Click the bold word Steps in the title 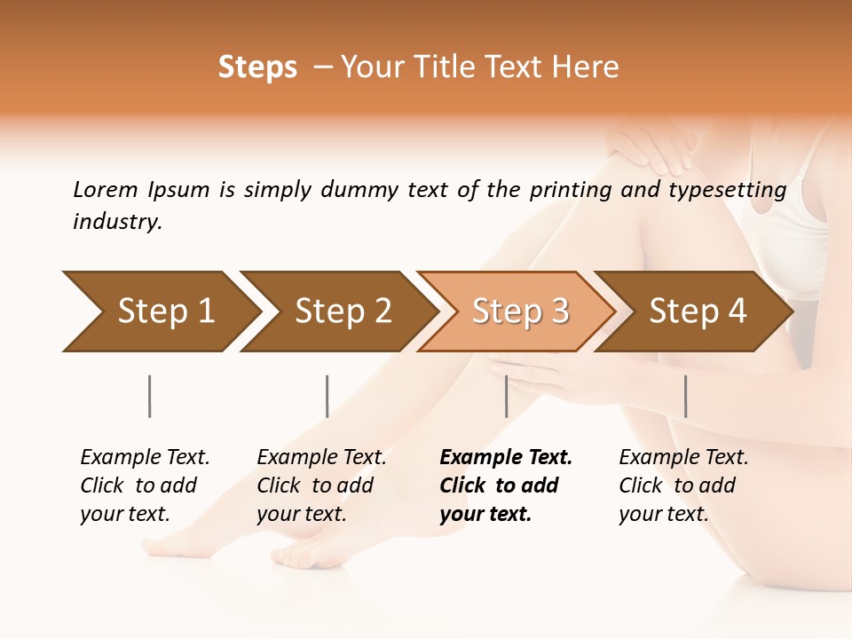[257, 67]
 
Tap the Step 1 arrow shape [160, 312]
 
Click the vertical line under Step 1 [149, 396]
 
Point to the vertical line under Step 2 [327, 396]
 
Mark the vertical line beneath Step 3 [506, 396]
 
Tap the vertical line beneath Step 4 [685, 396]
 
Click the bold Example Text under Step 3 [506, 458]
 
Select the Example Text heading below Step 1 [145, 458]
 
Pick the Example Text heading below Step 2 [321, 458]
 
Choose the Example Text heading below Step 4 [683, 458]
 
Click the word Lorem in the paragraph [106, 190]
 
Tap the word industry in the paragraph [116, 222]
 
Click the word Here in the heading [585, 67]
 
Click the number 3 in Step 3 [559, 312]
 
